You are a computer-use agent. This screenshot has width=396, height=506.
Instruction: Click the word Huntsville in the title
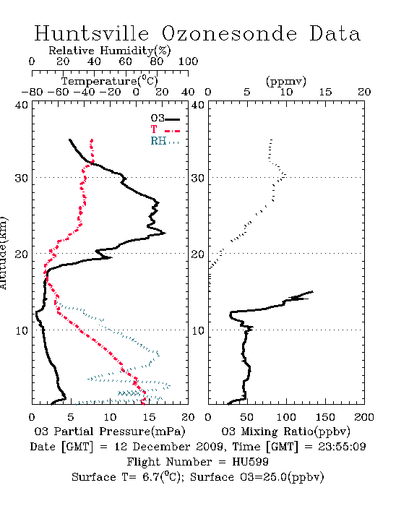tap(92, 33)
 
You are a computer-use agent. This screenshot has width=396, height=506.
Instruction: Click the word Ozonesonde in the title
tap(228, 33)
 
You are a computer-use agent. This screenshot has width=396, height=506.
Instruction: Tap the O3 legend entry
tap(165, 119)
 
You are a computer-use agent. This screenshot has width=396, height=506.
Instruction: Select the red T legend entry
tap(165, 129)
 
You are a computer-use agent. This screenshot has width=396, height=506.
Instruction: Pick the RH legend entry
tap(165, 141)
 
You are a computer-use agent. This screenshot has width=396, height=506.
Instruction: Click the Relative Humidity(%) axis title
tap(110, 51)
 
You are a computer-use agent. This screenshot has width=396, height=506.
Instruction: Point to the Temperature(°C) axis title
tap(110, 81)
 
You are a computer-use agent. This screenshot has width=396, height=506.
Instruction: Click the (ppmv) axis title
tap(286, 82)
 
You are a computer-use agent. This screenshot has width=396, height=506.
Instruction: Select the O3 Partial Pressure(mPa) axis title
tap(110, 432)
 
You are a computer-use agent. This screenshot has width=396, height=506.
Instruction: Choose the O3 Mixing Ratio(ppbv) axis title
tap(285, 432)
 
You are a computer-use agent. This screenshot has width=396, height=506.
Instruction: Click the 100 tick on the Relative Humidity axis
tap(188, 61)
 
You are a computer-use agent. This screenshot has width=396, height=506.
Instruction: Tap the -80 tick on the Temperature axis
tap(32, 92)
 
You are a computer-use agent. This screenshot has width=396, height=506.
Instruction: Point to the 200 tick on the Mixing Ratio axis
tap(364, 417)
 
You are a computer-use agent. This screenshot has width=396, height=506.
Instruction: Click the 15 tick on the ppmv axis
tap(325, 92)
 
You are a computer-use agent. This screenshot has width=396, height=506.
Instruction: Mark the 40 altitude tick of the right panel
tap(198, 105)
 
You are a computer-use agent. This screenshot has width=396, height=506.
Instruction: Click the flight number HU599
tap(250, 462)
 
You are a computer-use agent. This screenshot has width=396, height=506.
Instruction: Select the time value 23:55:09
tap(342, 447)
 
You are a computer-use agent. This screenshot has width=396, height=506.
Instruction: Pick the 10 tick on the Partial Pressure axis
tap(110, 417)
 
